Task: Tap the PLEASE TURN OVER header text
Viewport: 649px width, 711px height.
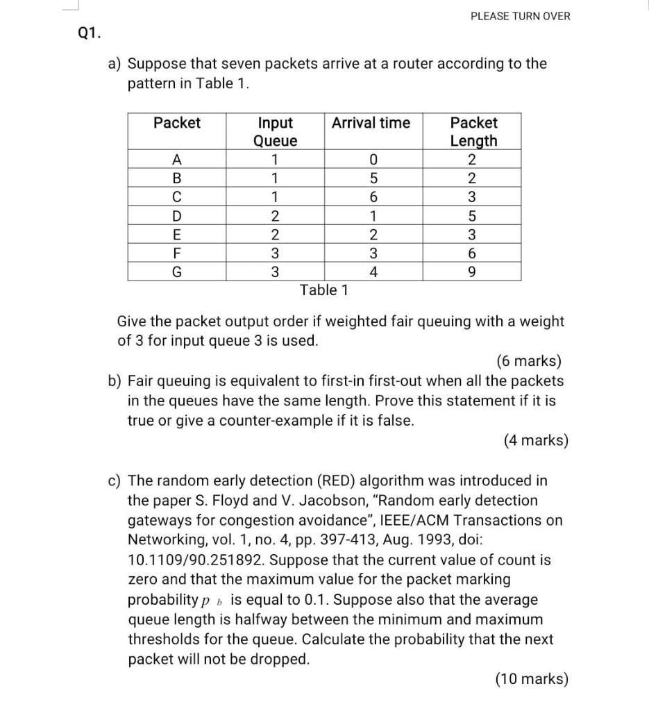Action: coord(520,16)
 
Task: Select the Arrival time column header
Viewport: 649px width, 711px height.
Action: coord(371,123)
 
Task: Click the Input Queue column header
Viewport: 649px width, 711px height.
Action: coord(276,132)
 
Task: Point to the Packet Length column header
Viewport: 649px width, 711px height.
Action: coord(473,132)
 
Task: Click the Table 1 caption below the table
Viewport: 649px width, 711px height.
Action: coord(323,290)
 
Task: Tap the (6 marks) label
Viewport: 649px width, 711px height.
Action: coord(529,361)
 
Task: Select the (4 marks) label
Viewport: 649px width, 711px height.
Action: coord(535,440)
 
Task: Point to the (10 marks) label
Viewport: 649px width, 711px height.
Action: coord(532,679)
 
